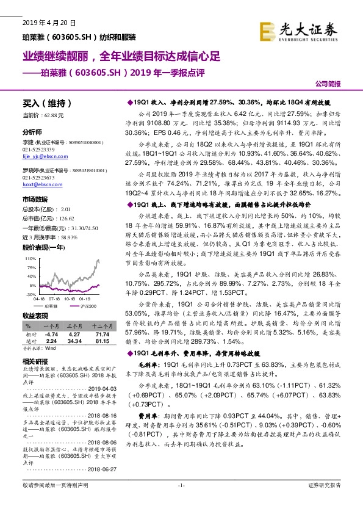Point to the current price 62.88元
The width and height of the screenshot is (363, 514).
point(54,114)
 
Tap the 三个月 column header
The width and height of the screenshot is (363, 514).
point(74,327)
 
